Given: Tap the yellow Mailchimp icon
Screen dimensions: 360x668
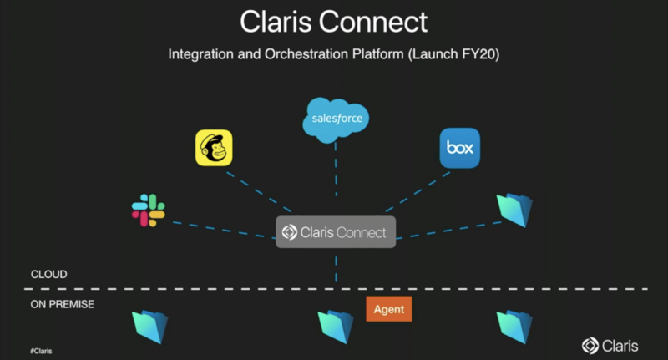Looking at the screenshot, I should pos(213,148).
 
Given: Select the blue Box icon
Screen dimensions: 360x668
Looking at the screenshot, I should pos(460,148).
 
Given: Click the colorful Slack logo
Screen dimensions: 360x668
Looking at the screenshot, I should pos(149,210).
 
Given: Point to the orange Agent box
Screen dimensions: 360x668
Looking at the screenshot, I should pos(389,309).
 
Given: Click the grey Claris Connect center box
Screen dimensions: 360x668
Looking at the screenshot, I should pos(336,232).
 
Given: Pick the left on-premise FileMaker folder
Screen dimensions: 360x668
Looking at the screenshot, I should pos(150,325).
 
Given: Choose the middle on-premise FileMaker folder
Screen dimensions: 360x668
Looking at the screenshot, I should pos(336,325).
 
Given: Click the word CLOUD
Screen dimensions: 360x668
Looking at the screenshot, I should pos(49,275).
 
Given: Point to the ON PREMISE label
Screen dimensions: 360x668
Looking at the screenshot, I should pos(63,304).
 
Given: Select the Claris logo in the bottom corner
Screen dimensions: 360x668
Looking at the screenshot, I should pos(612,345).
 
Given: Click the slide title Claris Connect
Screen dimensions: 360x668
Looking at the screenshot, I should pos(334,22).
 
